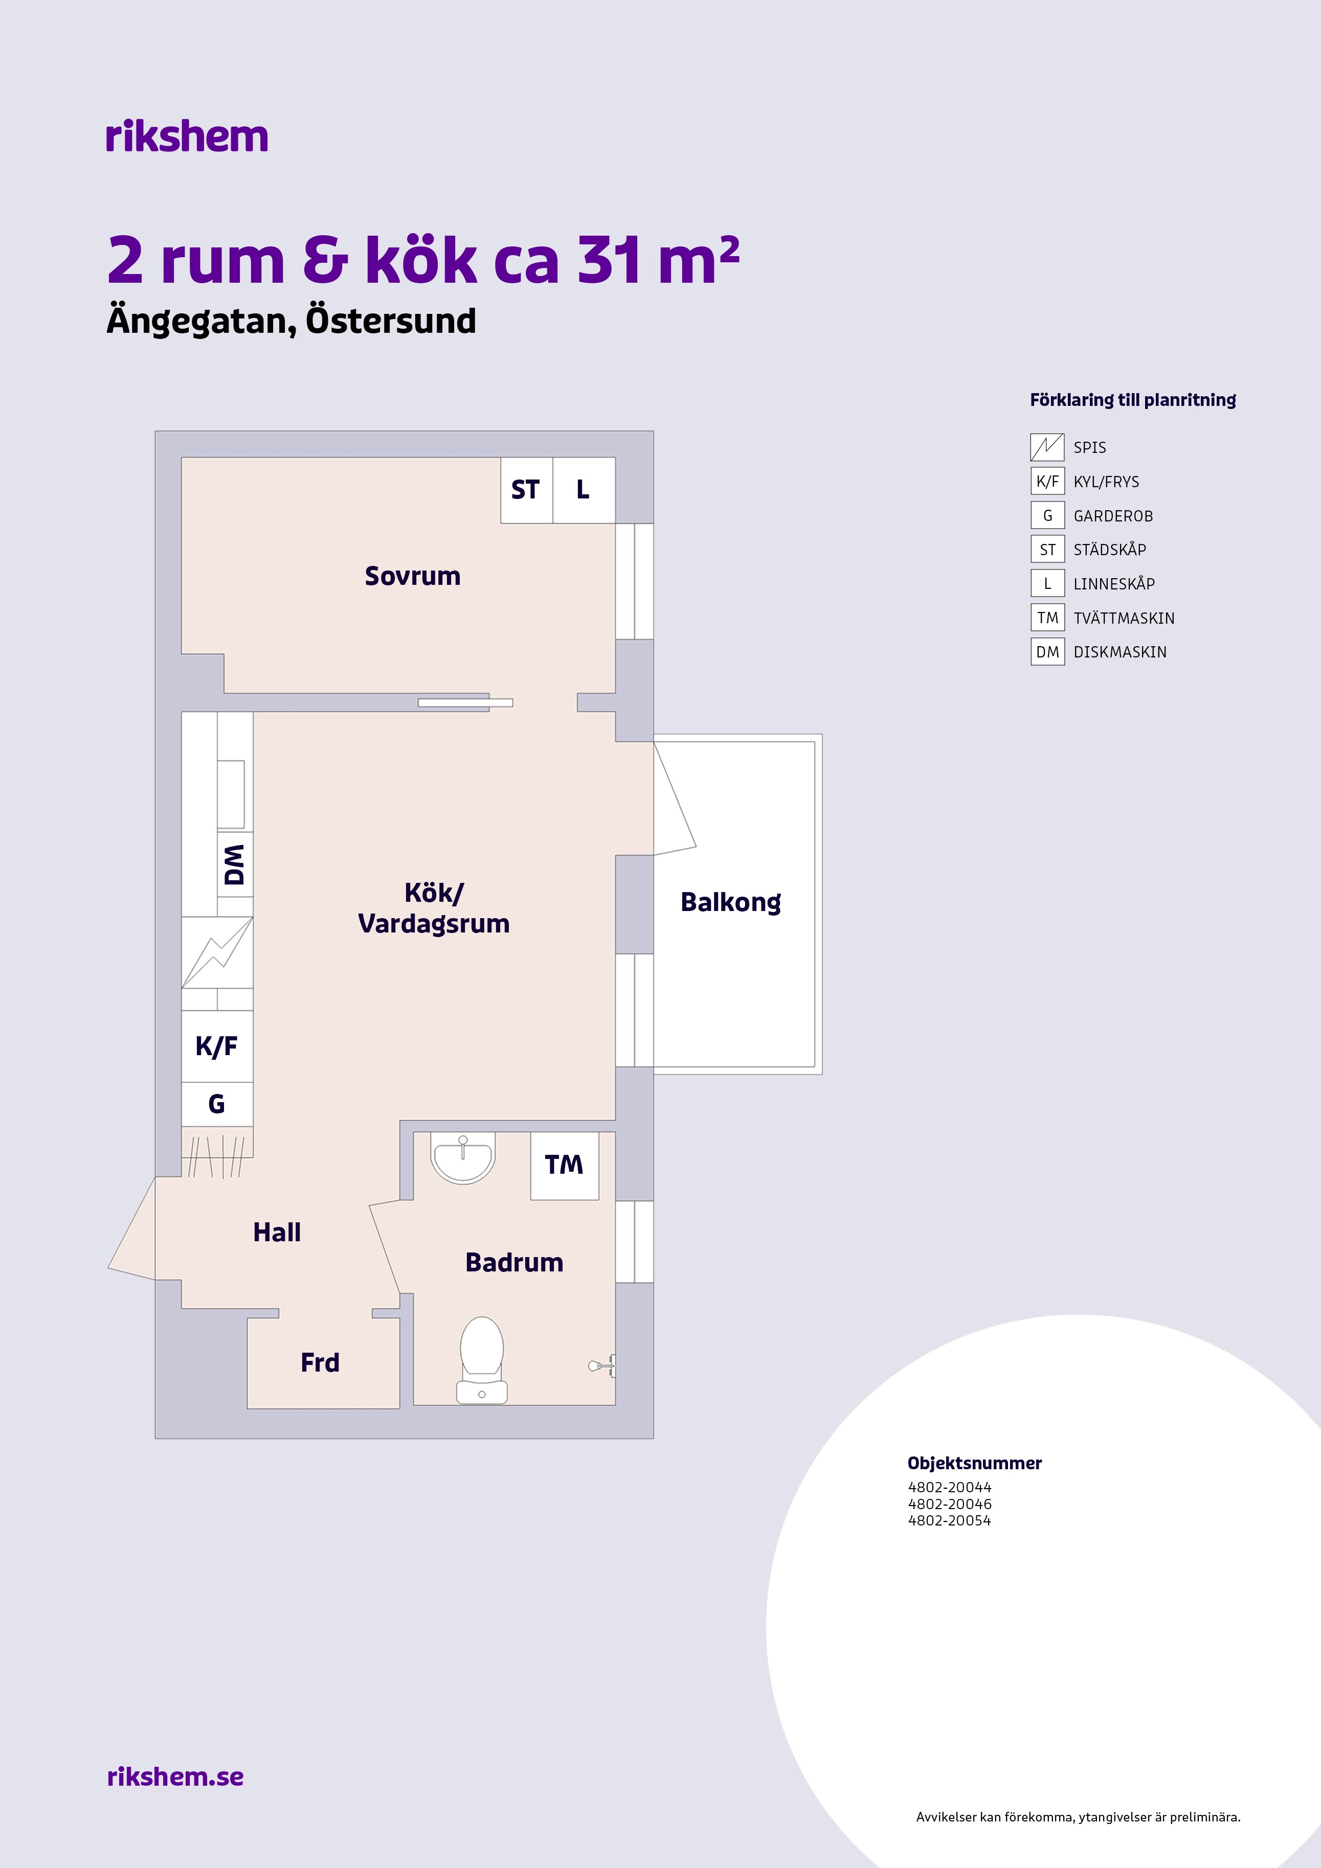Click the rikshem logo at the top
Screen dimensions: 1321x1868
point(186,136)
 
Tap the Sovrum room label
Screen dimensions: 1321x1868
point(413,576)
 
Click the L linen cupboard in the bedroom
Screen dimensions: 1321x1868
point(584,490)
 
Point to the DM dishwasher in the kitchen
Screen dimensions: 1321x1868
point(235,864)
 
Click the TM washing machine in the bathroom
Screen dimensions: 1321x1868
point(565,1165)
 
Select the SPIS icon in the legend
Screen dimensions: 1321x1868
point(1047,447)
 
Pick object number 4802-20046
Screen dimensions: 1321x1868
point(950,1503)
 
